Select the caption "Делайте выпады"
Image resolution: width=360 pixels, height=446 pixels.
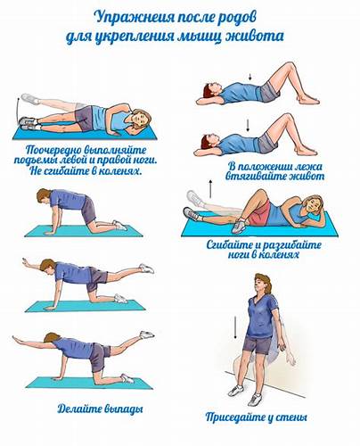100,409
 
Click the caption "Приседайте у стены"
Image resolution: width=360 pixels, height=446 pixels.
256,417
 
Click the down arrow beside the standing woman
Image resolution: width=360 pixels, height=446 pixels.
235,327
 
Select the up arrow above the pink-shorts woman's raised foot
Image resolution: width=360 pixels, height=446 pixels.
210,189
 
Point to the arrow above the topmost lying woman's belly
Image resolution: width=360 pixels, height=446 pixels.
250,77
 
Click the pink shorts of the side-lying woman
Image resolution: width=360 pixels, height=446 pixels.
259,213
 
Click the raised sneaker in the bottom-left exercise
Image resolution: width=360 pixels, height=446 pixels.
147,334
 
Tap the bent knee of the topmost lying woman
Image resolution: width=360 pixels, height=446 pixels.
289,65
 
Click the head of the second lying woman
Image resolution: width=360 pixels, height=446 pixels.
207,141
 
